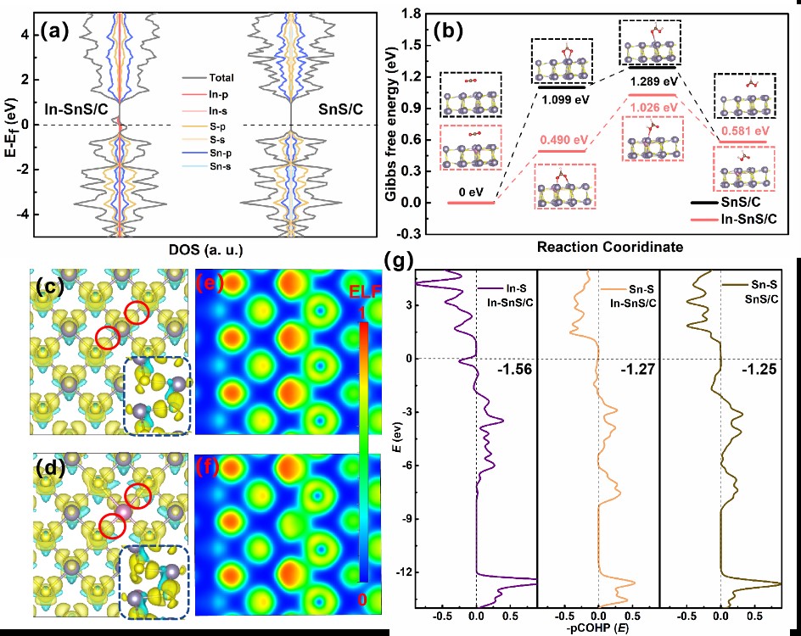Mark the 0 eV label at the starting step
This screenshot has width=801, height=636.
tap(470, 192)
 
